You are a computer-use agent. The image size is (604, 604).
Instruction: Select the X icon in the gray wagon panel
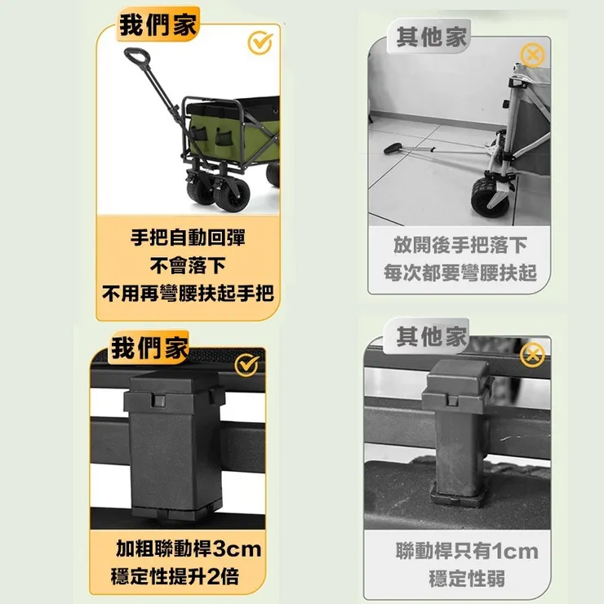(x=532, y=56)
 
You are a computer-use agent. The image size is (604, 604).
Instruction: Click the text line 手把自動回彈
(x=188, y=238)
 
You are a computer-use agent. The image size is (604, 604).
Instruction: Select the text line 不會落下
(x=187, y=265)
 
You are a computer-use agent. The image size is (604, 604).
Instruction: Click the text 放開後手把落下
(x=460, y=245)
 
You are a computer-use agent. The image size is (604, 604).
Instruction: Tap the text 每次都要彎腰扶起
(x=460, y=273)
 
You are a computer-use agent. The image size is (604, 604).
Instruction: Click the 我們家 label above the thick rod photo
(x=149, y=349)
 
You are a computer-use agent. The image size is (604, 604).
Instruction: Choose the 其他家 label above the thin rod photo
(x=430, y=336)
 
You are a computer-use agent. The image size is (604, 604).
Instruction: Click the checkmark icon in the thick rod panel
(x=246, y=366)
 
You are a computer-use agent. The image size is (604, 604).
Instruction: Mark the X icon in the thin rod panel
(x=532, y=354)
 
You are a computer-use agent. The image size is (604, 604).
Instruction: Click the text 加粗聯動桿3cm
(x=188, y=548)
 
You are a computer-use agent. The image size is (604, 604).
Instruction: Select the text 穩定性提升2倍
(x=175, y=576)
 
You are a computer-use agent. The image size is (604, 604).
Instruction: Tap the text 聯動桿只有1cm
(x=466, y=551)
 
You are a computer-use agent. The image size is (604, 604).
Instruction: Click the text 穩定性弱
(x=466, y=579)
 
